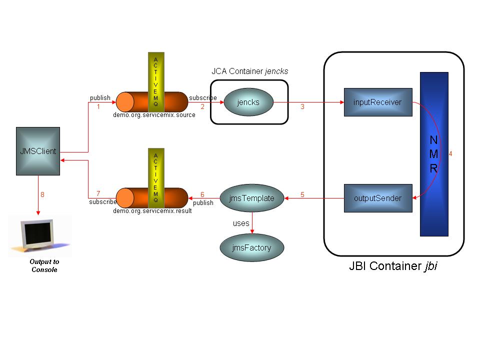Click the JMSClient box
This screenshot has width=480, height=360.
(x=38, y=151)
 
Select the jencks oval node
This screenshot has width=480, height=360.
(x=248, y=102)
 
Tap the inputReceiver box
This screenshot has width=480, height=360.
(x=377, y=102)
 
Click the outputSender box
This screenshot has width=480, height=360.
(x=377, y=198)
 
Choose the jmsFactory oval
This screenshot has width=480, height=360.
(x=251, y=247)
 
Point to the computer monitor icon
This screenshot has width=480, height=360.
(x=40, y=235)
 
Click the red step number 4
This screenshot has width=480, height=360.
(x=450, y=154)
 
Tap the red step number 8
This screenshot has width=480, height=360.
(x=42, y=195)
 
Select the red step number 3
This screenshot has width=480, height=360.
(x=302, y=107)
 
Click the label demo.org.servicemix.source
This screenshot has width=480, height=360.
(x=154, y=115)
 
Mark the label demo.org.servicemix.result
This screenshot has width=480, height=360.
(x=152, y=211)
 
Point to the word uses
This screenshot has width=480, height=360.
(x=241, y=223)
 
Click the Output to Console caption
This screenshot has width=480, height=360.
(x=44, y=266)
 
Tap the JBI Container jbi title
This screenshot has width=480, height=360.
(x=393, y=266)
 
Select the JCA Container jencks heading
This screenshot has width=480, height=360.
(x=250, y=71)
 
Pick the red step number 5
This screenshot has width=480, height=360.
(x=302, y=194)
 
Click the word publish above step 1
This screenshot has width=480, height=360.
(x=100, y=97)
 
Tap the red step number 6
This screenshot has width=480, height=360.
(x=202, y=194)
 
